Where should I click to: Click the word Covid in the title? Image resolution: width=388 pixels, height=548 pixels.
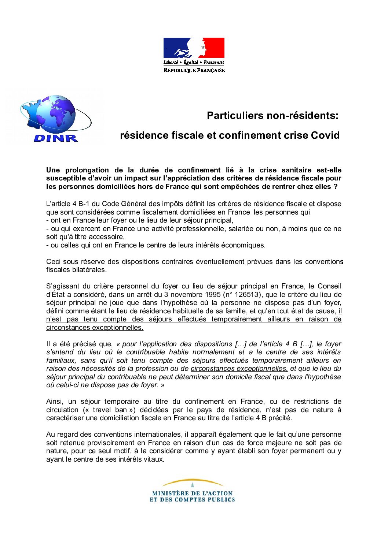(x=325, y=135)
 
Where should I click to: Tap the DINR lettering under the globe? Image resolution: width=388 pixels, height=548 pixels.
(x=55, y=138)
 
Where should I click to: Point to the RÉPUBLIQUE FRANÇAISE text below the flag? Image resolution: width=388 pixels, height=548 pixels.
(x=194, y=70)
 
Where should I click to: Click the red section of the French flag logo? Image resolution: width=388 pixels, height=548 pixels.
(x=214, y=47)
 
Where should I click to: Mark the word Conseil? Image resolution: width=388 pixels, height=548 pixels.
(x=329, y=286)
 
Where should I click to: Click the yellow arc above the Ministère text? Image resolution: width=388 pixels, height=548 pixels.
(x=193, y=481)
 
